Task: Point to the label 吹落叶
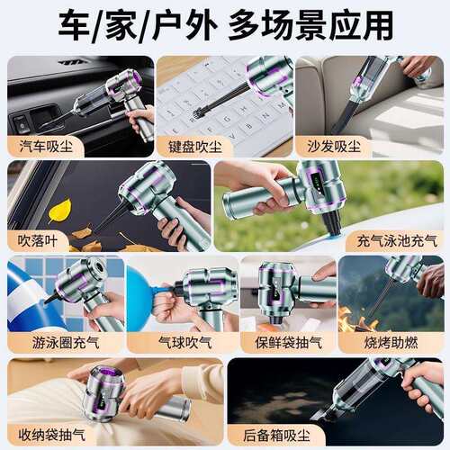(x=39, y=240)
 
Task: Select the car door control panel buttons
(x=22, y=122)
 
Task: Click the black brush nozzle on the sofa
(x=343, y=117)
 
